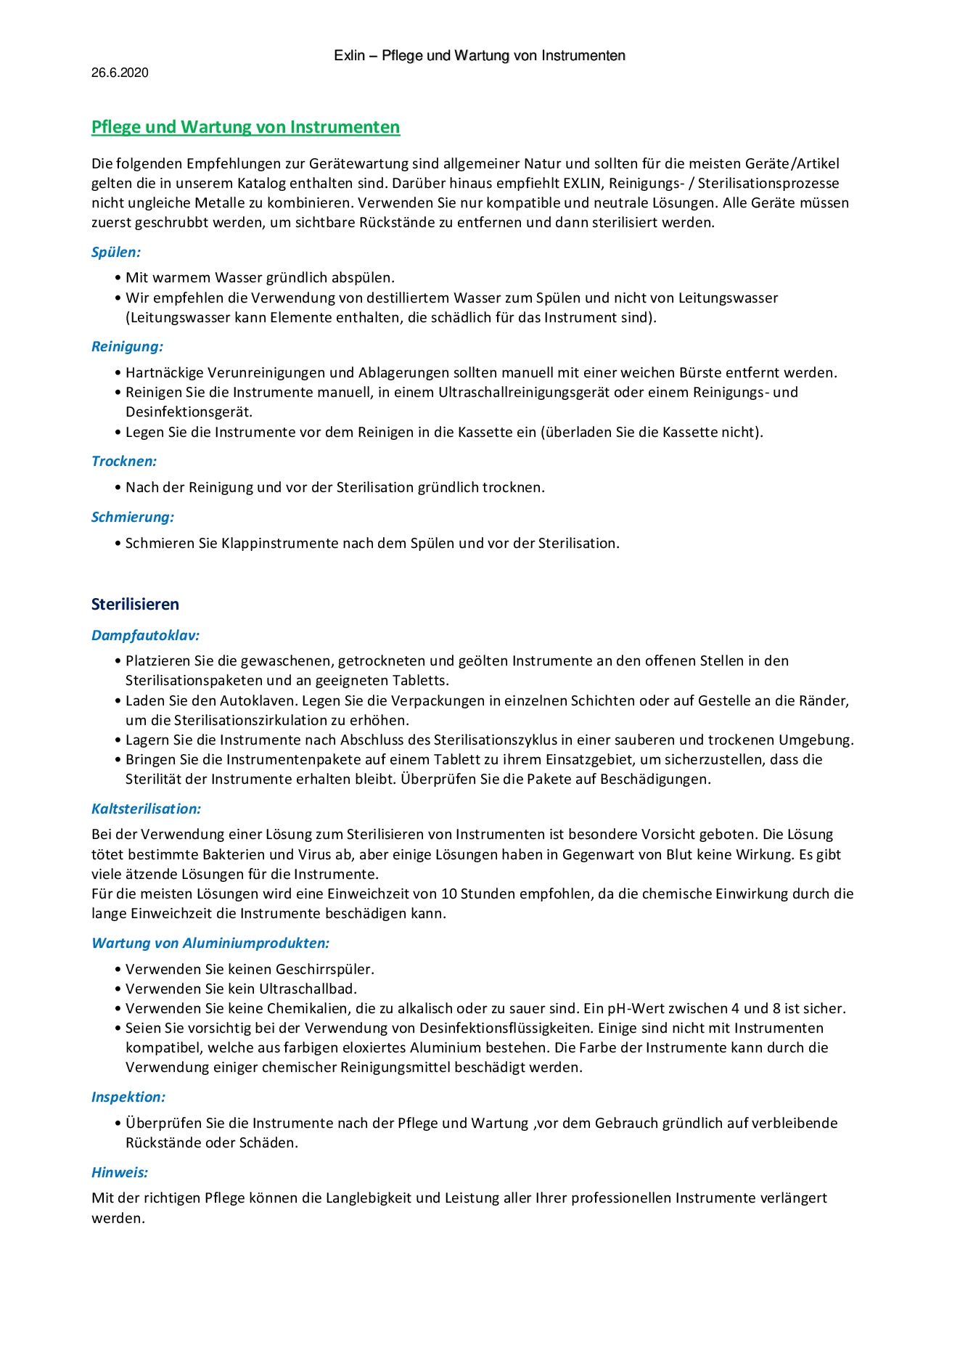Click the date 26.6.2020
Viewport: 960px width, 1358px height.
click(120, 73)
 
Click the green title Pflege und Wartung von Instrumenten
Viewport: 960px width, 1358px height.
click(245, 127)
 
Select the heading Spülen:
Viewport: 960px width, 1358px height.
click(116, 253)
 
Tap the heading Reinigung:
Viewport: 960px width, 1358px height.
click(127, 347)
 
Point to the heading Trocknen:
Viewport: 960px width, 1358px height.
click(124, 462)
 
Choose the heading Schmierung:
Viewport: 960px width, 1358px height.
click(133, 518)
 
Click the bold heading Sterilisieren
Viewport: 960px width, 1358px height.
click(135, 605)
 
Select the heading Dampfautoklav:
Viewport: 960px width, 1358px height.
click(145, 636)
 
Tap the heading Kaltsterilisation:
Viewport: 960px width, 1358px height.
click(146, 809)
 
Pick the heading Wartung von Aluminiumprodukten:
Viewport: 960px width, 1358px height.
click(210, 944)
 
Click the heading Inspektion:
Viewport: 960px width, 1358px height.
click(128, 1097)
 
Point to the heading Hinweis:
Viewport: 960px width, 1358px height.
click(120, 1172)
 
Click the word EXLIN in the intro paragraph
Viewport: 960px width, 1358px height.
click(582, 184)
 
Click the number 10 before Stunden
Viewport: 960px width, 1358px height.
click(449, 894)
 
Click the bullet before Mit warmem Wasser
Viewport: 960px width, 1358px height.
click(118, 278)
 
